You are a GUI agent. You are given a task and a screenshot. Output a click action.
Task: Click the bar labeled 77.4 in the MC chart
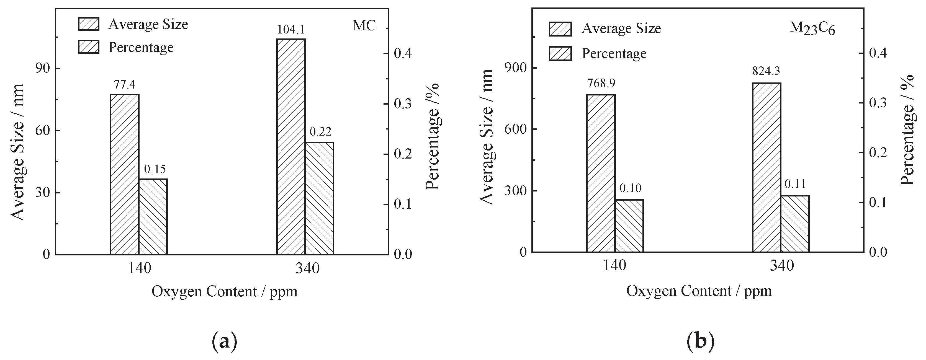124,174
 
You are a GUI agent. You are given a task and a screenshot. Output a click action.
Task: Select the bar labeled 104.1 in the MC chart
290,147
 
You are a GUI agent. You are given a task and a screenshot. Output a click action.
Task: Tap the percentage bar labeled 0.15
153,217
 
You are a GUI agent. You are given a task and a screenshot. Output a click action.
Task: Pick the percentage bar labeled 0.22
319,198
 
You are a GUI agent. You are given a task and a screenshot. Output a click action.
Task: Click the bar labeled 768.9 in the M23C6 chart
601,173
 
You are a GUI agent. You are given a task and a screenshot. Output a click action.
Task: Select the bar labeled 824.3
766,167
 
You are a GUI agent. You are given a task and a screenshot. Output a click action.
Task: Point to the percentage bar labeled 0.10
629,226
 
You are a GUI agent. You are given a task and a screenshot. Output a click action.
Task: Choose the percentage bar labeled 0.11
795,224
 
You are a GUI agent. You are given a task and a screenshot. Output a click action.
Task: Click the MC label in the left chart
364,25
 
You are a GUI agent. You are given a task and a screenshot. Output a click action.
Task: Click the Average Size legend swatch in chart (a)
88,24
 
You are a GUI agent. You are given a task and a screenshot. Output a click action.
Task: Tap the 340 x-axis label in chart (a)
307,268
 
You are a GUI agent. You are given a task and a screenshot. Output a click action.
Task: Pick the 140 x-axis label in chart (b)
614,266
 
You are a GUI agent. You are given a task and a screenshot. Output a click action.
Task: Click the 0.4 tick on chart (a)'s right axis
403,53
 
